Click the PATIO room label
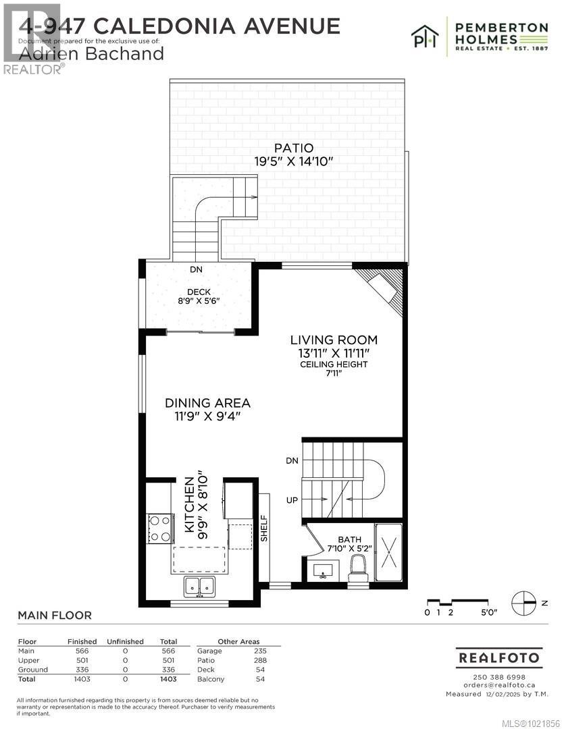pos(294,148)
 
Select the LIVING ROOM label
pos(334,340)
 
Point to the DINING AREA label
pos(207,403)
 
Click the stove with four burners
pos(160,529)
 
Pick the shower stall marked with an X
pos(388,552)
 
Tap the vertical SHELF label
pos(264,529)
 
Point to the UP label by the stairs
pos(292,500)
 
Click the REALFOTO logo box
pos(499,657)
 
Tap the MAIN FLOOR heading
pos(55,616)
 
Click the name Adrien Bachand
pos(91,54)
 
